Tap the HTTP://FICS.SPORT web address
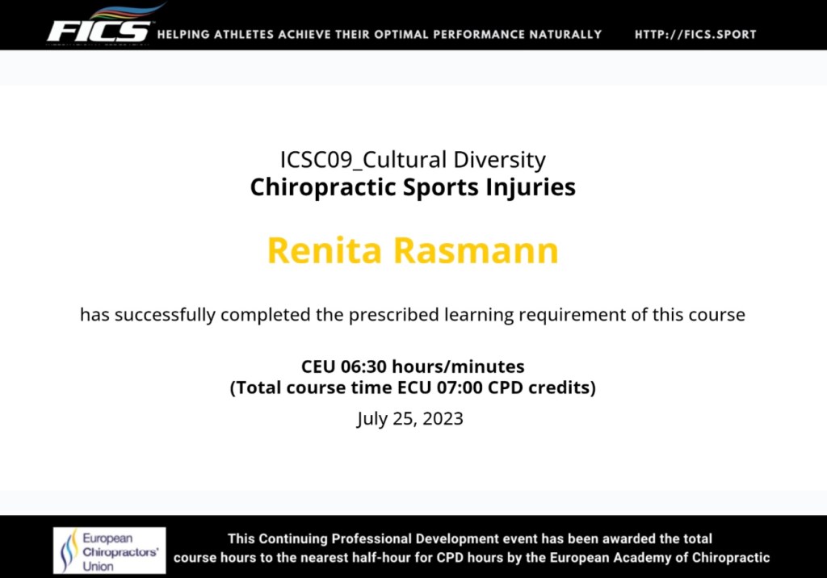(695, 35)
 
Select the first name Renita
(325, 250)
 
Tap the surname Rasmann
(476, 250)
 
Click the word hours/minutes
(459, 366)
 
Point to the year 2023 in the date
(443, 419)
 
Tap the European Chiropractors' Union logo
(109, 550)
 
